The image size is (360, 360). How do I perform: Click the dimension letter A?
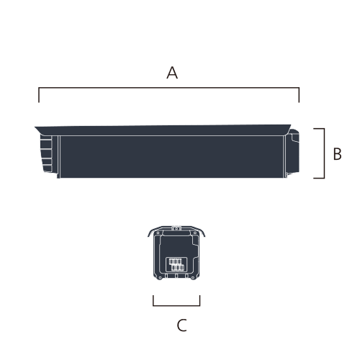pyautogui.click(x=172, y=73)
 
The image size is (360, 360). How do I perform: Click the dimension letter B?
pyautogui.click(x=337, y=153)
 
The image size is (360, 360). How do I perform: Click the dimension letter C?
pyautogui.click(x=181, y=325)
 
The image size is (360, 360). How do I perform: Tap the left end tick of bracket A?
pyautogui.click(x=39, y=95)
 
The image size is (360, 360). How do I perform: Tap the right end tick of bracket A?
pyautogui.click(x=299, y=95)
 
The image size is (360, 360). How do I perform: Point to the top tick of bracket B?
pyautogui.click(x=319, y=129)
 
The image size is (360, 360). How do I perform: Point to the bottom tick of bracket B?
pyautogui.click(x=319, y=178)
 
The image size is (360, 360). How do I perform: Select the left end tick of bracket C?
pyautogui.click(x=153, y=300)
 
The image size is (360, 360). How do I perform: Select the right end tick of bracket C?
pyautogui.click(x=199, y=300)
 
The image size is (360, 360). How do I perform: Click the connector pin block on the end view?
pyautogui.click(x=176, y=264)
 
